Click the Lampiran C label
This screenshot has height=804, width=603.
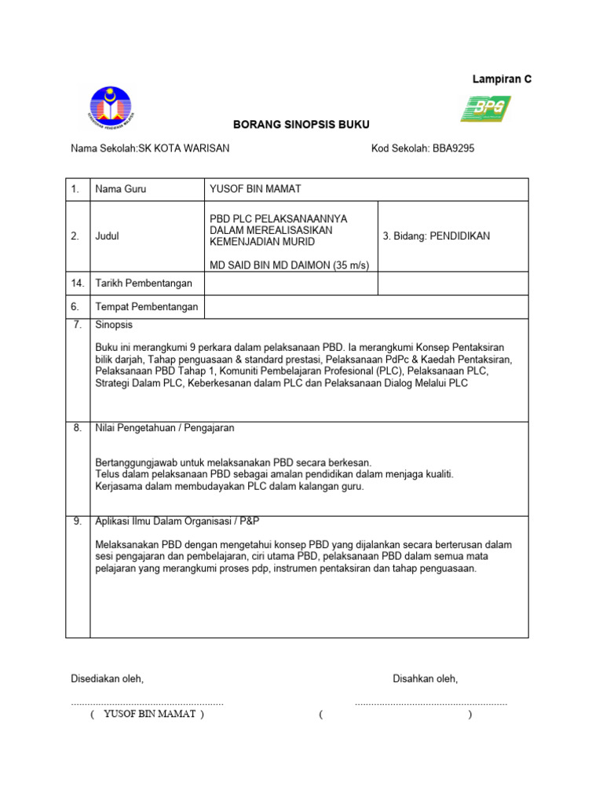[501, 79]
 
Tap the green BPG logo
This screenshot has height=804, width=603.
[485, 108]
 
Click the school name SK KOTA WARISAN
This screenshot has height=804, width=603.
[184, 148]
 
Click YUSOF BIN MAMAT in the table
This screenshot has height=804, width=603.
[255, 189]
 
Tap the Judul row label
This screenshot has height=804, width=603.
[107, 236]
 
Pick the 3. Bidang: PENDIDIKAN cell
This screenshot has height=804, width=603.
[436, 236]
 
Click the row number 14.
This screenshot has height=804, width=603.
[76, 283]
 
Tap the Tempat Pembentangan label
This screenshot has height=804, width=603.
[146, 307]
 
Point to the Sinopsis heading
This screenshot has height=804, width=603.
[114, 324]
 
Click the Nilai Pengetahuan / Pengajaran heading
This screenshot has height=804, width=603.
[164, 428]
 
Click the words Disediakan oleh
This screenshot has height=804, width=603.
[108, 678]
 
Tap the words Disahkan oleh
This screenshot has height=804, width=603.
[425, 678]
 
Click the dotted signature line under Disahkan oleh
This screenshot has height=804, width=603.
[431, 703]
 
